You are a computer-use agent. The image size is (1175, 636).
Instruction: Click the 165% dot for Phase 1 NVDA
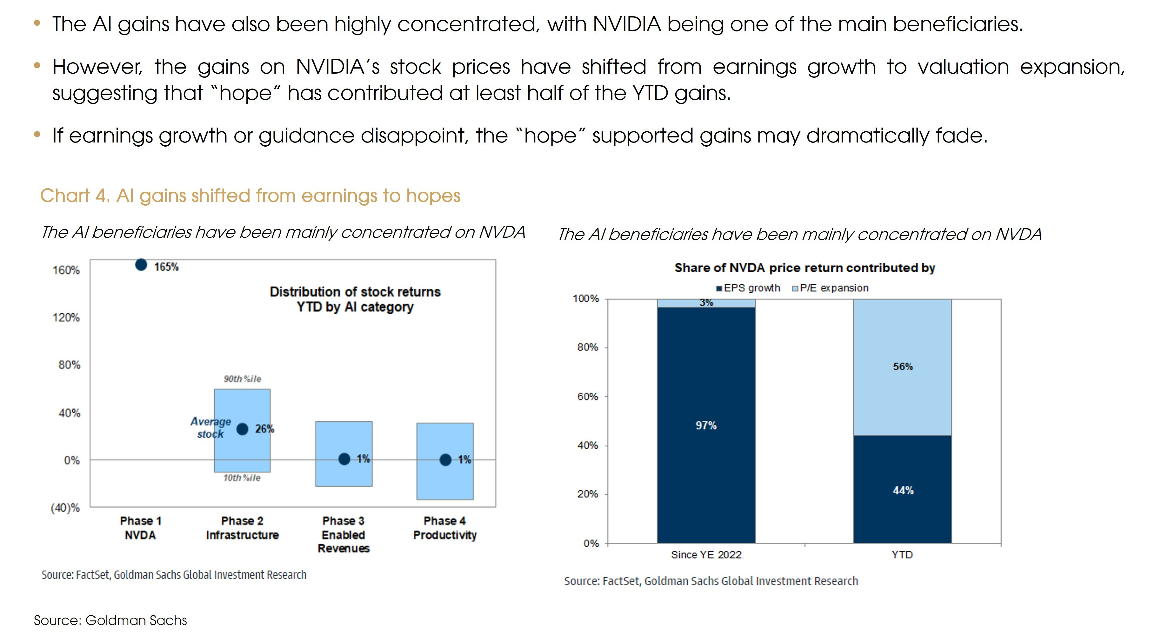(x=141, y=265)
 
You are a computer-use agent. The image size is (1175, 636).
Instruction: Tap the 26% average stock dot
(x=242, y=429)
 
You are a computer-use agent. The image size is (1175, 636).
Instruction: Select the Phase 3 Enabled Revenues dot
(x=344, y=459)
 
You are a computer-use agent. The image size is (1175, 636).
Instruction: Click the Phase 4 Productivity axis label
(x=445, y=528)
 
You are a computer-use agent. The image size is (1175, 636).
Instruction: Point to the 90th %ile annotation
(x=242, y=379)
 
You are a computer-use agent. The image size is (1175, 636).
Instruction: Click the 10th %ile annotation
(x=242, y=478)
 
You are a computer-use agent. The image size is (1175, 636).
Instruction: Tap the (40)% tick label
(x=65, y=508)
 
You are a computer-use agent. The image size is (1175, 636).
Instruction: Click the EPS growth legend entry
(x=749, y=288)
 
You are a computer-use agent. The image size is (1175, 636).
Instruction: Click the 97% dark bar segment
(x=706, y=425)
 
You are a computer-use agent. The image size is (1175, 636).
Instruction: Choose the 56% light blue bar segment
(x=902, y=367)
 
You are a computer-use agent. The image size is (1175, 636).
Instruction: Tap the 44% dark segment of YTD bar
(x=902, y=491)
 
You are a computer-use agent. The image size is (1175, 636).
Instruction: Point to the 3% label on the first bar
(x=706, y=303)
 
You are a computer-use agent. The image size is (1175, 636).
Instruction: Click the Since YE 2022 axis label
(x=706, y=555)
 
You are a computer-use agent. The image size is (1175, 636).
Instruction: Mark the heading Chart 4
(x=250, y=195)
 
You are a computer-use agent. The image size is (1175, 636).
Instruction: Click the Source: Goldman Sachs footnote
(x=110, y=620)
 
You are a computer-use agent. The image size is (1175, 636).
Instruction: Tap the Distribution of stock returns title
(x=355, y=299)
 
